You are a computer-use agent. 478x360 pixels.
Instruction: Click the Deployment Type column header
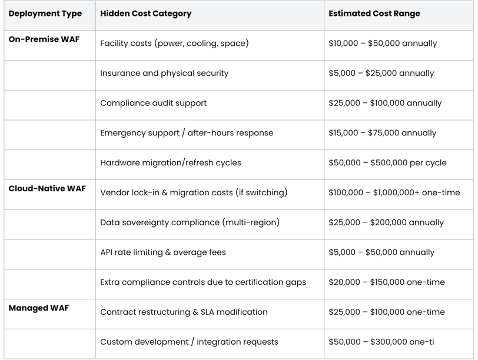point(45,14)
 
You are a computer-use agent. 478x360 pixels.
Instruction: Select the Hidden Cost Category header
point(146,14)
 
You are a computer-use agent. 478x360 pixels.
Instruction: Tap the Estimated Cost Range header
point(374,14)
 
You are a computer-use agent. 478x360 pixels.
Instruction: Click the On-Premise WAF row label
point(44,39)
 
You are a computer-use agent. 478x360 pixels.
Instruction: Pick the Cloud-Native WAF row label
point(47,188)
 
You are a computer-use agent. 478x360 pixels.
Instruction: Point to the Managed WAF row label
point(39,308)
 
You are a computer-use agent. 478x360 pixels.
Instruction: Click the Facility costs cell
point(174,44)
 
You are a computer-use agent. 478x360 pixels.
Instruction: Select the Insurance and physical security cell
point(164,74)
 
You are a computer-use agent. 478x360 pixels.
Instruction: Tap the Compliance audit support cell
point(153,104)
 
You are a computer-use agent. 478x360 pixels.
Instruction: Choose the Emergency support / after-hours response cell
point(187,133)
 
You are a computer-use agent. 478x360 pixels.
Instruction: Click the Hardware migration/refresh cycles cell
point(171,162)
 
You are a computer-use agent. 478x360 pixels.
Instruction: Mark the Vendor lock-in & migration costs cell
point(194,192)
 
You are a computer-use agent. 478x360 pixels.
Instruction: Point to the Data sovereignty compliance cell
point(190,222)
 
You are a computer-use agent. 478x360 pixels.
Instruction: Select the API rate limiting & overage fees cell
point(163,252)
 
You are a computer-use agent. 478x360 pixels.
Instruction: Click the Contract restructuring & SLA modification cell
point(184,312)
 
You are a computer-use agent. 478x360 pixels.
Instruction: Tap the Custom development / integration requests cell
point(189,342)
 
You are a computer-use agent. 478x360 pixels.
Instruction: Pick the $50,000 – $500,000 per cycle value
point(387,163)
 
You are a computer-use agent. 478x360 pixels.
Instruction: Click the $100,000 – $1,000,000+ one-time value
point(394,193)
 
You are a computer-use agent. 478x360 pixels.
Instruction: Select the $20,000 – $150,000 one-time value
point(387,282)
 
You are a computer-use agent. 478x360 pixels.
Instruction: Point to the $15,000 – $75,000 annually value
point(382,133)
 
